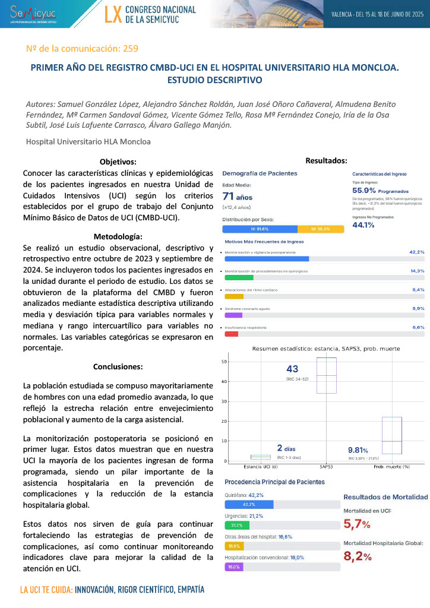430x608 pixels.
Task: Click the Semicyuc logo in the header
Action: pos(33,14)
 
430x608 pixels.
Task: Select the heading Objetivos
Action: pos(118,161)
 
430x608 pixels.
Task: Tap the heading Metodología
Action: pos(118,236)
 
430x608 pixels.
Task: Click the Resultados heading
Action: pos(326,160)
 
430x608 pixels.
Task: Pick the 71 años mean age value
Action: pos(238,197)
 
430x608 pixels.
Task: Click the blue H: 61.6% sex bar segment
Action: pos(260,229)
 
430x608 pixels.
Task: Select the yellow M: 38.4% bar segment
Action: pos(314,229)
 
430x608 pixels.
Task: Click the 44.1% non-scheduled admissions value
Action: pos(363,224)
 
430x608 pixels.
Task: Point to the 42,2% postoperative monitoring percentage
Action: pos(417,252)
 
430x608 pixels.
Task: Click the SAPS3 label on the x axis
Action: pos(326,466)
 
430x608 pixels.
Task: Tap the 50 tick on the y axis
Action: pos(225,361)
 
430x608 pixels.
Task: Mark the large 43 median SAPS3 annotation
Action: pos(292,369)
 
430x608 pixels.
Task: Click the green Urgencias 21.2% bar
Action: pos(237,525)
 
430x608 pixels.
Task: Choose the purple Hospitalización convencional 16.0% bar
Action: pos(234,567)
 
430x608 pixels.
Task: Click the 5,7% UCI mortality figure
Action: pos(357,524)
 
